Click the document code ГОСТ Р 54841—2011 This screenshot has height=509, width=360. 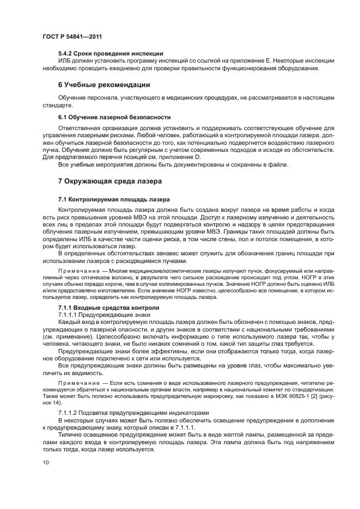72,37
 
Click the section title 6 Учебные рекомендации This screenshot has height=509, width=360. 104,85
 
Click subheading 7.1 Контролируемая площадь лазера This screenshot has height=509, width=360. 114,199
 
